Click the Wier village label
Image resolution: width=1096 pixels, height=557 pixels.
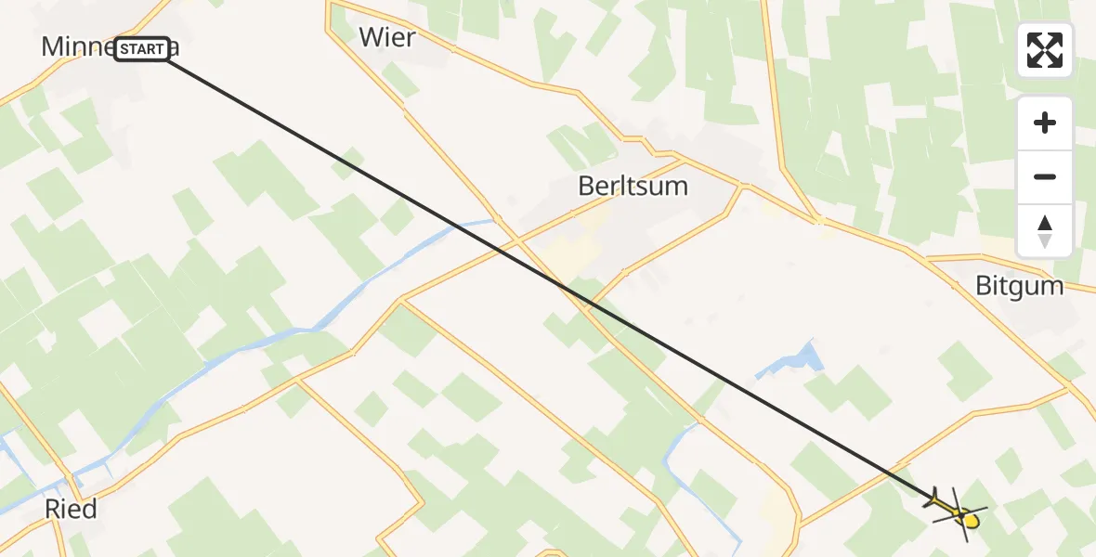[387, 38]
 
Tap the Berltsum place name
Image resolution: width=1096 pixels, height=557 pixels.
[633, 186]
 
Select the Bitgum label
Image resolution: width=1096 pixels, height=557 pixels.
[1019, 285]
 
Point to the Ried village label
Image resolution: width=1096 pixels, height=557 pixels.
[71, 509]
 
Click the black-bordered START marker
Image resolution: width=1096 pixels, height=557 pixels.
[143, 49]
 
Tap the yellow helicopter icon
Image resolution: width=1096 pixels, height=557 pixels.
[957, 509]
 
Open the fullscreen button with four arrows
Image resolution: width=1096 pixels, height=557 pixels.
[1045, 50]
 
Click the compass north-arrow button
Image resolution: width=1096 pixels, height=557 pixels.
[1045, 231]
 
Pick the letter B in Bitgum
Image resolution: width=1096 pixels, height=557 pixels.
[983, 285]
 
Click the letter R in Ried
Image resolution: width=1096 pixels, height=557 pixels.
[53, 509]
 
